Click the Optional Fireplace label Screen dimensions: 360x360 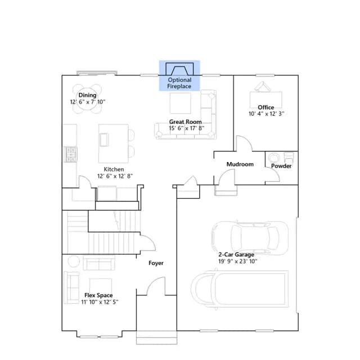point(179,83)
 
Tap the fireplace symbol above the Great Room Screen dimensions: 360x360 point(179,69)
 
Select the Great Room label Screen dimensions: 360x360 point(185,122)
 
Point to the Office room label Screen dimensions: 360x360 point(266,107)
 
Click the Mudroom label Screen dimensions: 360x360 point(240,164)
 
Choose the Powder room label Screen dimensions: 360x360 point(281,166)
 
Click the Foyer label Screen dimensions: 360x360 point(156,263)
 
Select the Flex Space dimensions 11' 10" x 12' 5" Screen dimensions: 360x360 point(100,302)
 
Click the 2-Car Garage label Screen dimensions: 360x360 point(236,255)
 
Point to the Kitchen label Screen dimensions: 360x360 point(114,169)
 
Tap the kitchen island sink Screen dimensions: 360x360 point(104,139)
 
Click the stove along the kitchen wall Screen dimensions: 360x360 point(70,154)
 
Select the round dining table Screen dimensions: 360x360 point(88,99)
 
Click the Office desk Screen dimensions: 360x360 point(266,100)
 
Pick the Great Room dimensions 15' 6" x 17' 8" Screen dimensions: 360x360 point(186,128)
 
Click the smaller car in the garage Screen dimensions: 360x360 point(250,238)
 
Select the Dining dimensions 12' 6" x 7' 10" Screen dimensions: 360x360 point(88,102)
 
